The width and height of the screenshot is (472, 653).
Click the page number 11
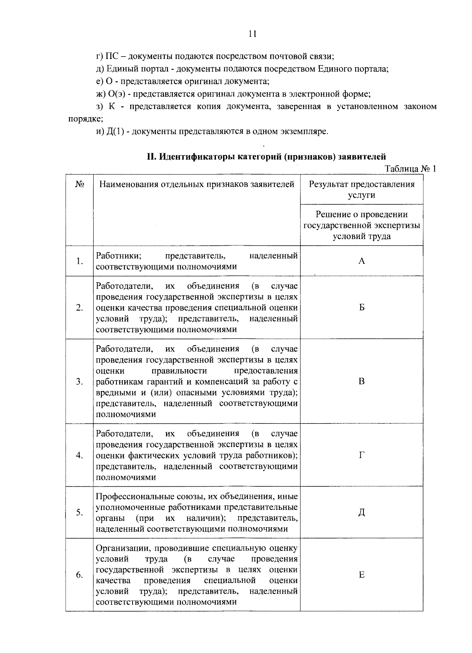point(253,34)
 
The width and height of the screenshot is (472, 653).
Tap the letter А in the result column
point(361,261)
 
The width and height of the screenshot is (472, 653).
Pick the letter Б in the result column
point(361,307)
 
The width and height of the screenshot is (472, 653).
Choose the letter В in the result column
point(361,381)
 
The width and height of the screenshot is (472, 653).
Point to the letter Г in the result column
point(361,455)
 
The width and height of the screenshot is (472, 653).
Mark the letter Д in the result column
point(361,513)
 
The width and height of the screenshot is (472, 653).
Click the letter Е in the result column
point(361,575)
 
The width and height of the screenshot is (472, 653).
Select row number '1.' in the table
point(80,261)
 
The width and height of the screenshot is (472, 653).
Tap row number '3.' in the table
point(80,382)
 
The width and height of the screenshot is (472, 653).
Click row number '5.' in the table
point(80,513)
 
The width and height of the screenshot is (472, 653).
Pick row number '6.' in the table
point(80,575)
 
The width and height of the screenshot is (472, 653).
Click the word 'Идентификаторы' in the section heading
point(197,157)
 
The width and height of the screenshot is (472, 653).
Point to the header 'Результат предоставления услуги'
point(361,189)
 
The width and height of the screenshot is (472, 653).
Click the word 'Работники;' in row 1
point(119,256)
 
